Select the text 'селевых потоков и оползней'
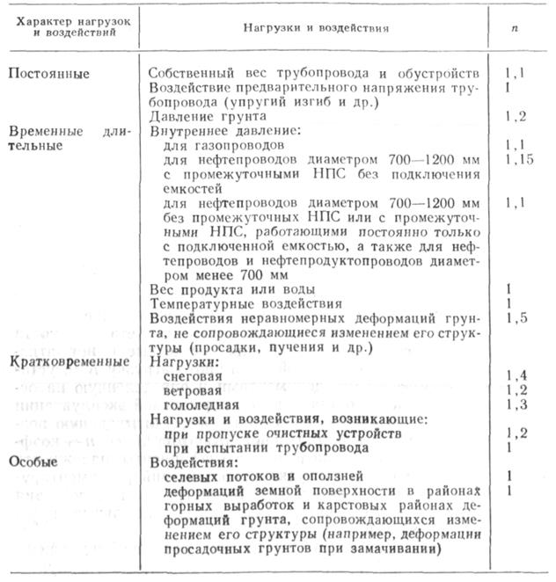point(250,476)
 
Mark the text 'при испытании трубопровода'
point(254,447)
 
